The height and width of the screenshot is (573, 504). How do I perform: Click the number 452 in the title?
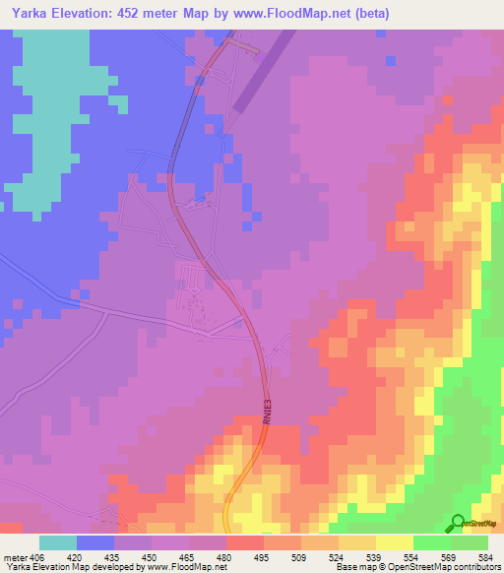click(138, 14)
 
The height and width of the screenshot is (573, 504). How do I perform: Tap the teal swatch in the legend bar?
click(58, 542)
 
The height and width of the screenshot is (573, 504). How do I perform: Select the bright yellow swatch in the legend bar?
click(395, 542)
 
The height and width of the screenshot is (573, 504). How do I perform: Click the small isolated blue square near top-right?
click(391, 61)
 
